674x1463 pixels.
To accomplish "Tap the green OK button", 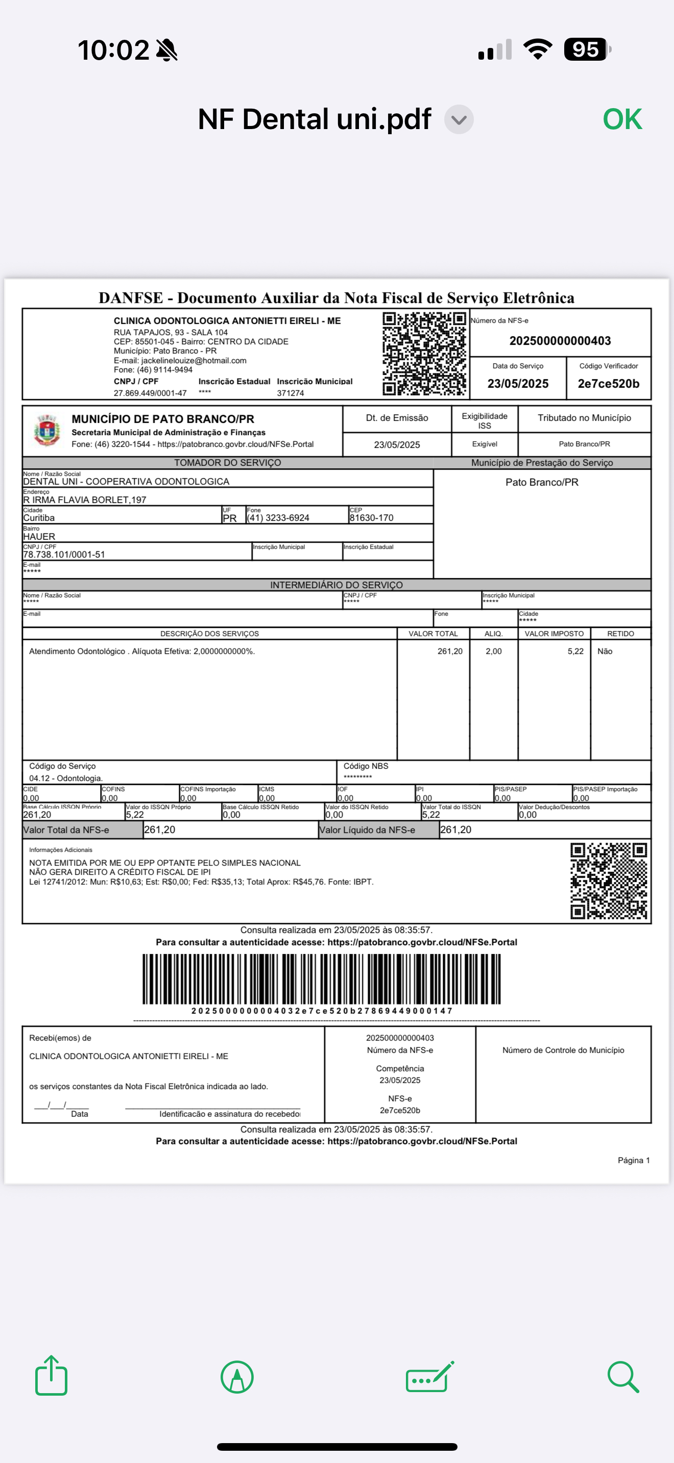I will point(622,119).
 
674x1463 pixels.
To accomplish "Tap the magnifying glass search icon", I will point(623,1376).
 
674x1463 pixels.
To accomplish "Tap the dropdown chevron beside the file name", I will point(459,120).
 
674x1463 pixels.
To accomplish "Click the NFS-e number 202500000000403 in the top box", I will point(560,341).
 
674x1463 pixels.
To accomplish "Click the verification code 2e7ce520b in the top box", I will point(608,384).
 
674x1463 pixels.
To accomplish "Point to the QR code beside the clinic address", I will point(424,354).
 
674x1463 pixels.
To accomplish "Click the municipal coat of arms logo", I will point(46,431).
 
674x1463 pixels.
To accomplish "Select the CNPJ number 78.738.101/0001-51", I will point(64,554).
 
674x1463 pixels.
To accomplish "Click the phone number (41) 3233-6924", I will point(278,518).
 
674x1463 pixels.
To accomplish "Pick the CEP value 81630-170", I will point(371,518).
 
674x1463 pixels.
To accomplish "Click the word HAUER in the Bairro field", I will point(39,536).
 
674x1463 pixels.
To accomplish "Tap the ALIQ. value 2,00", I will point(493,651).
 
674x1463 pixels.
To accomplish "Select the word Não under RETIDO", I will point(605,651).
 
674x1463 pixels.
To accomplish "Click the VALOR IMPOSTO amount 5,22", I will point(575,651).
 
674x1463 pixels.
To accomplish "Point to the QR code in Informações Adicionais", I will point(608,880).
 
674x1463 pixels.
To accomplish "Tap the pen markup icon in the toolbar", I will point(237,1377).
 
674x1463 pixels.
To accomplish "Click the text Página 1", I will point(634,1161).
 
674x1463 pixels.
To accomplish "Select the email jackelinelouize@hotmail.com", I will point(194,361).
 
